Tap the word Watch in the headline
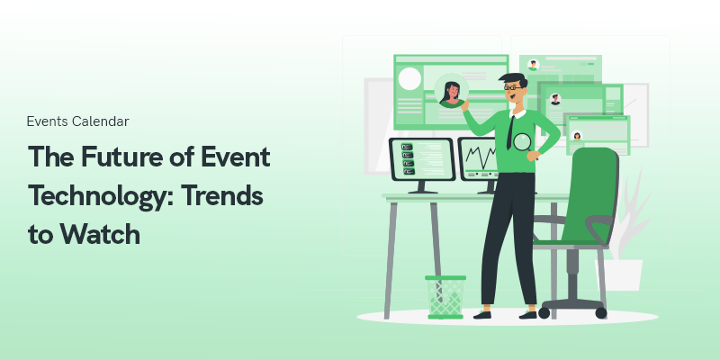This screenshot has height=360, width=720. [101, 234]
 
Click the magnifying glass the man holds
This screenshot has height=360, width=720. [523, 143]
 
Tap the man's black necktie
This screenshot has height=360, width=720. [510, 132]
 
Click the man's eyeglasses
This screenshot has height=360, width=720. [512, 86]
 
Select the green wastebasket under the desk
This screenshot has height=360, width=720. [445, 297]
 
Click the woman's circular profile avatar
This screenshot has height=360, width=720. [452, 91]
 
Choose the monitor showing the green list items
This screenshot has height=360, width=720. [422, 163]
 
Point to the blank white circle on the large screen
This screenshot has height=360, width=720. [409, 78]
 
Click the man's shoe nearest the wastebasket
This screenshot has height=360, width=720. [481, 314]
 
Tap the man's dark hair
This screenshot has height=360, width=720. [514, 79]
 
